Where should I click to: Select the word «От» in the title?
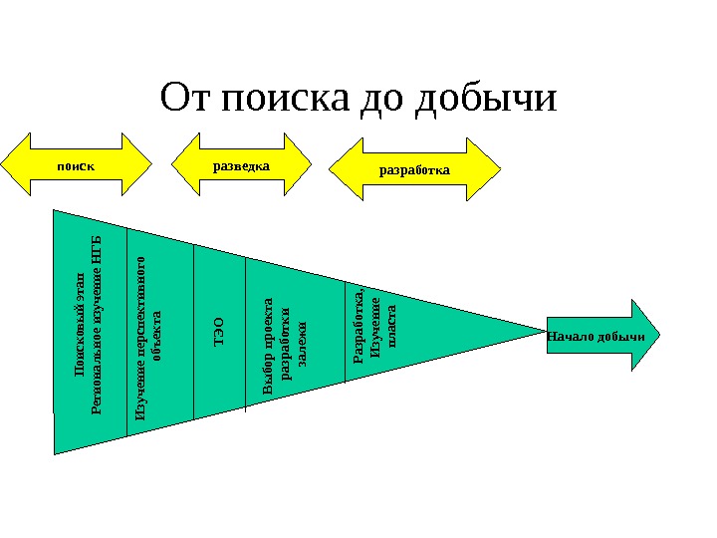click(x=185, y=100)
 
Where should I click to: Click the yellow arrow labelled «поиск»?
click(x=76, y=163)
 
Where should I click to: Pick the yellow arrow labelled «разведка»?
click(x=242, y=163)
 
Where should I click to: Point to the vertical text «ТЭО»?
click(x=219, y=333)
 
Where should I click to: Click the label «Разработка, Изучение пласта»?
click(x=375, y=332)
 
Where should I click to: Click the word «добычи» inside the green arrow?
click(x=624, y=337)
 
